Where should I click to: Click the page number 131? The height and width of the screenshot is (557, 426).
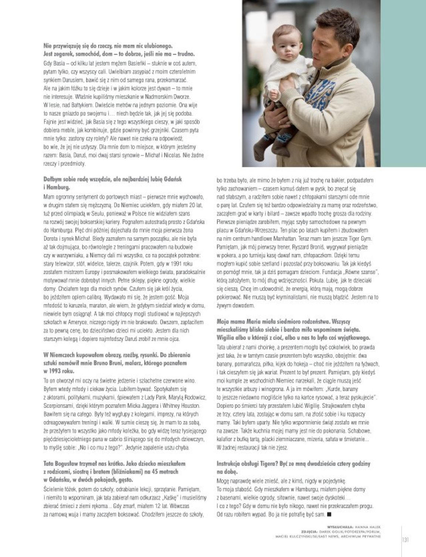[405, 540]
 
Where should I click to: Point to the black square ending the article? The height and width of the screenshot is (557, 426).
[330, 514]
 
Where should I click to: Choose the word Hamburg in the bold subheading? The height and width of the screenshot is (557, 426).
[59, 187]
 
